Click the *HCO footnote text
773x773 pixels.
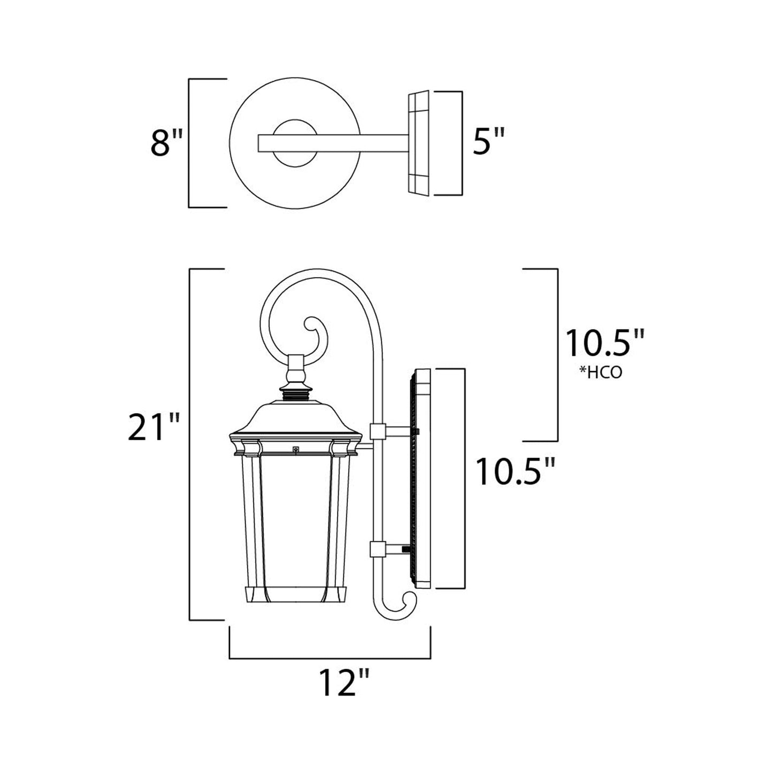601,373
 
